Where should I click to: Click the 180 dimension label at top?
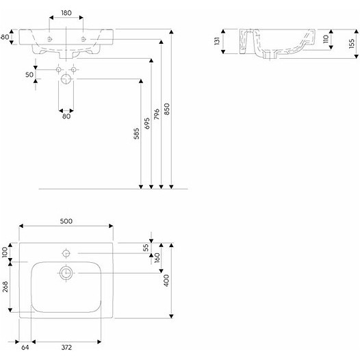point(66,13)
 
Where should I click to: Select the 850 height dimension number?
point(167,109)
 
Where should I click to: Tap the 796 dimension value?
point(157,114)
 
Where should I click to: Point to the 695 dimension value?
point(147,123)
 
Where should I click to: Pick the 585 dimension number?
point(136,133)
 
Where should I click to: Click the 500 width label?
point(66,221)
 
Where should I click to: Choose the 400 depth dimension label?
point(166,281)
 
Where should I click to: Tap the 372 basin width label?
point(66,348)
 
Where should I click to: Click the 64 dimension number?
point(25,348)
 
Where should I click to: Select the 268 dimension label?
point(5,287)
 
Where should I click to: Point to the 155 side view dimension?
point(352,43)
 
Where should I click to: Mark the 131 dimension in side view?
point(217,41)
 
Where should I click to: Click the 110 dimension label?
point(326,39)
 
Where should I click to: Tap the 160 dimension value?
point(157,258)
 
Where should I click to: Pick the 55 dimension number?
point(146,248)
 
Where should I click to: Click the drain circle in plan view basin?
point(66,273)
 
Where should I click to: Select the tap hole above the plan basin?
point(66,253)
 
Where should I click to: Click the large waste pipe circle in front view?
point(66,79)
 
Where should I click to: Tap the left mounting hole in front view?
point(49,39)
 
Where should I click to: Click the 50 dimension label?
point(29,75)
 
